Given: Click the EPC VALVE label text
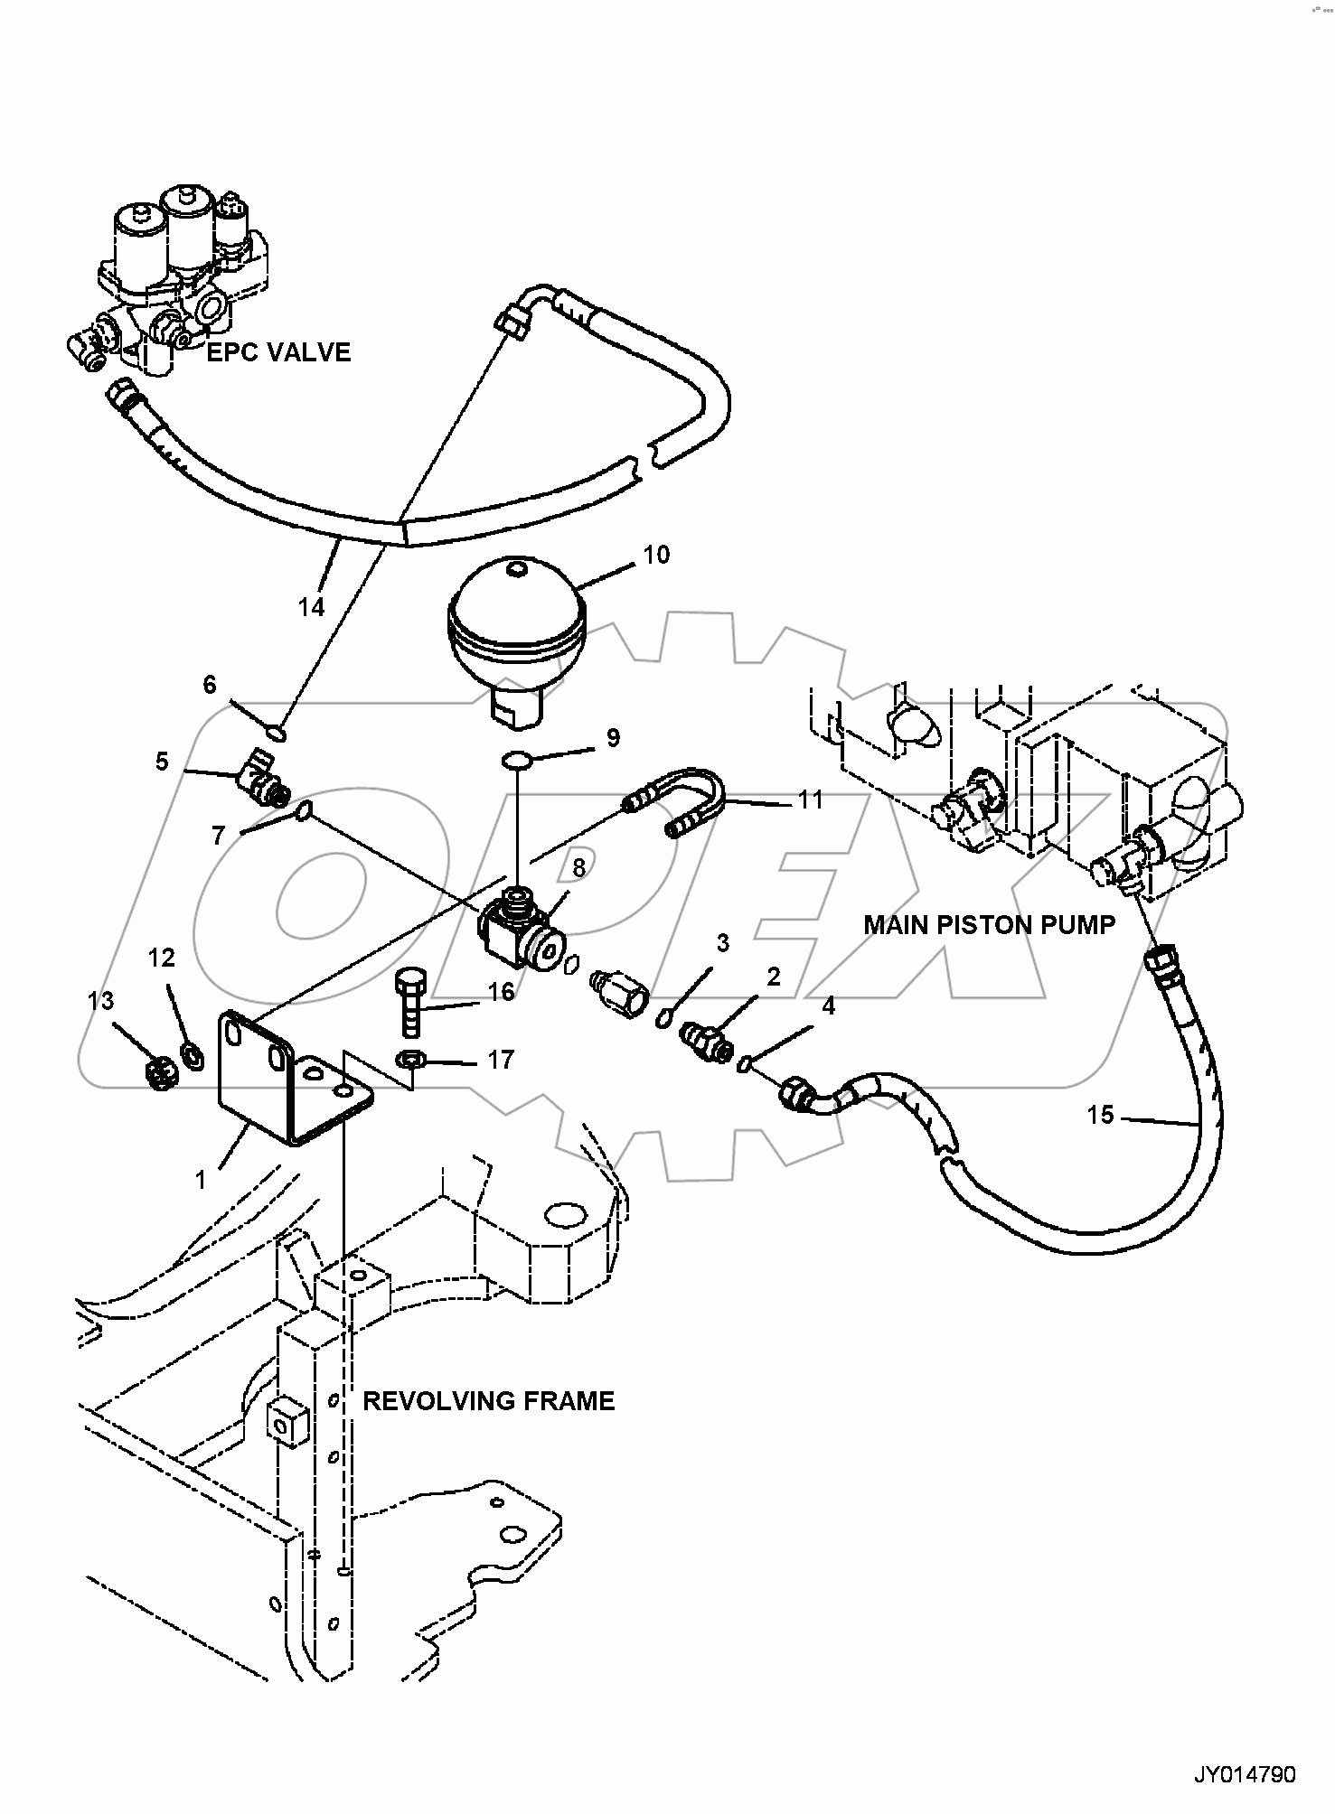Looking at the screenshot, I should [x=278, y=352].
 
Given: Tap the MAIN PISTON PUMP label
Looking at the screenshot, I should [x=989, y=924].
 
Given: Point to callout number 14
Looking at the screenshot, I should [x=311, y=607].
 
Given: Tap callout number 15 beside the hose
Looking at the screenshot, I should [x=1100, y=1115].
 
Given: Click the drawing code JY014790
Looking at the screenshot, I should [x=1245, y=1775].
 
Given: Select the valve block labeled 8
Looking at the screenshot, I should [x=520, y=924].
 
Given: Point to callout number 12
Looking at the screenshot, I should [x=162, y=958].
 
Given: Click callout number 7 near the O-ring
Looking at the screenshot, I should [x=218, y=835].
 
